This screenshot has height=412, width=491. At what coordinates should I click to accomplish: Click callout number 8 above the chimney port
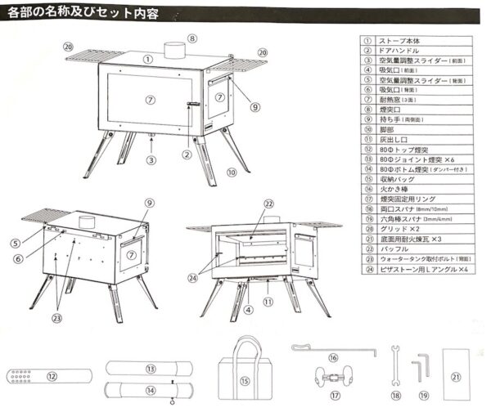pyautogui.click(x=192, y=38)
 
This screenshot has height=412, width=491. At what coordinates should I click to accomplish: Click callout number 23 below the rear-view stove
pyautogui.click(x=58, y=320)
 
